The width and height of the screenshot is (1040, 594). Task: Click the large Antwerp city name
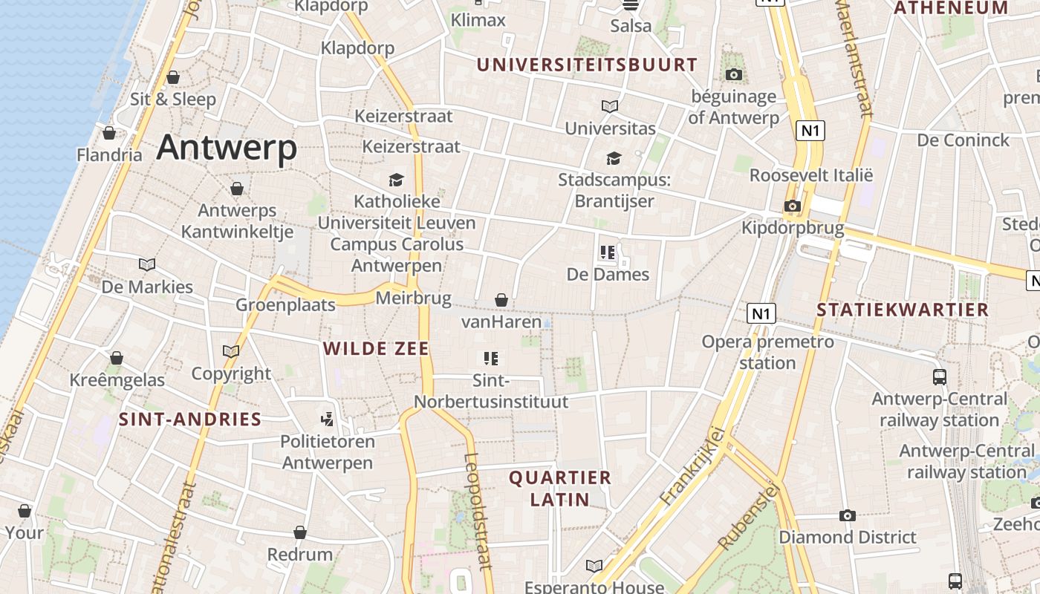pos(227,147)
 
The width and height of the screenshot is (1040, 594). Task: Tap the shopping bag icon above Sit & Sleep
pos(173,77)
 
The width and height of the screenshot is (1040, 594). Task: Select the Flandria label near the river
pos(109,155)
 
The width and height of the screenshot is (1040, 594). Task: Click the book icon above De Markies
pos(147,264)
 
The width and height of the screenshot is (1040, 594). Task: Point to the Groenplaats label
pos(285,305)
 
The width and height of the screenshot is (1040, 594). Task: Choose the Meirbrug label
pos(414,298)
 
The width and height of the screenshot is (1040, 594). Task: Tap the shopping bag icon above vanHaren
pos(501,300)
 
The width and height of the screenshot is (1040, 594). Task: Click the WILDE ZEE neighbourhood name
pos(377,348)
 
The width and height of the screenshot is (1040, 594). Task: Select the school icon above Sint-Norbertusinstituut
pos(490,359)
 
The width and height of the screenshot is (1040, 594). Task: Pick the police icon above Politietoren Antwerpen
pos(327,420)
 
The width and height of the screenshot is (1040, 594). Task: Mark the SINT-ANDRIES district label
pos(190,420)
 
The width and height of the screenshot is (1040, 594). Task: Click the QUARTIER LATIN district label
pos(560,489)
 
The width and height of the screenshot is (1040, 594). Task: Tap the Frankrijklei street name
pos(692,466)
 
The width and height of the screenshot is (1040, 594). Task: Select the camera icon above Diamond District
pos(847,515)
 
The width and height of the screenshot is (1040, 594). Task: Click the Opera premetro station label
pos(767,352)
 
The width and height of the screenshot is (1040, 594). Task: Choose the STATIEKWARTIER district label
pos(903,310)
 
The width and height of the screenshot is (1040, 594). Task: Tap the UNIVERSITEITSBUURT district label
pos(587,65)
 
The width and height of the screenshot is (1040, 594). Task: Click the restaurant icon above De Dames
pos(608,252)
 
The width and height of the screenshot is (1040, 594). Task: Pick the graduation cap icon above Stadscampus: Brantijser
pos(614,158)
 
